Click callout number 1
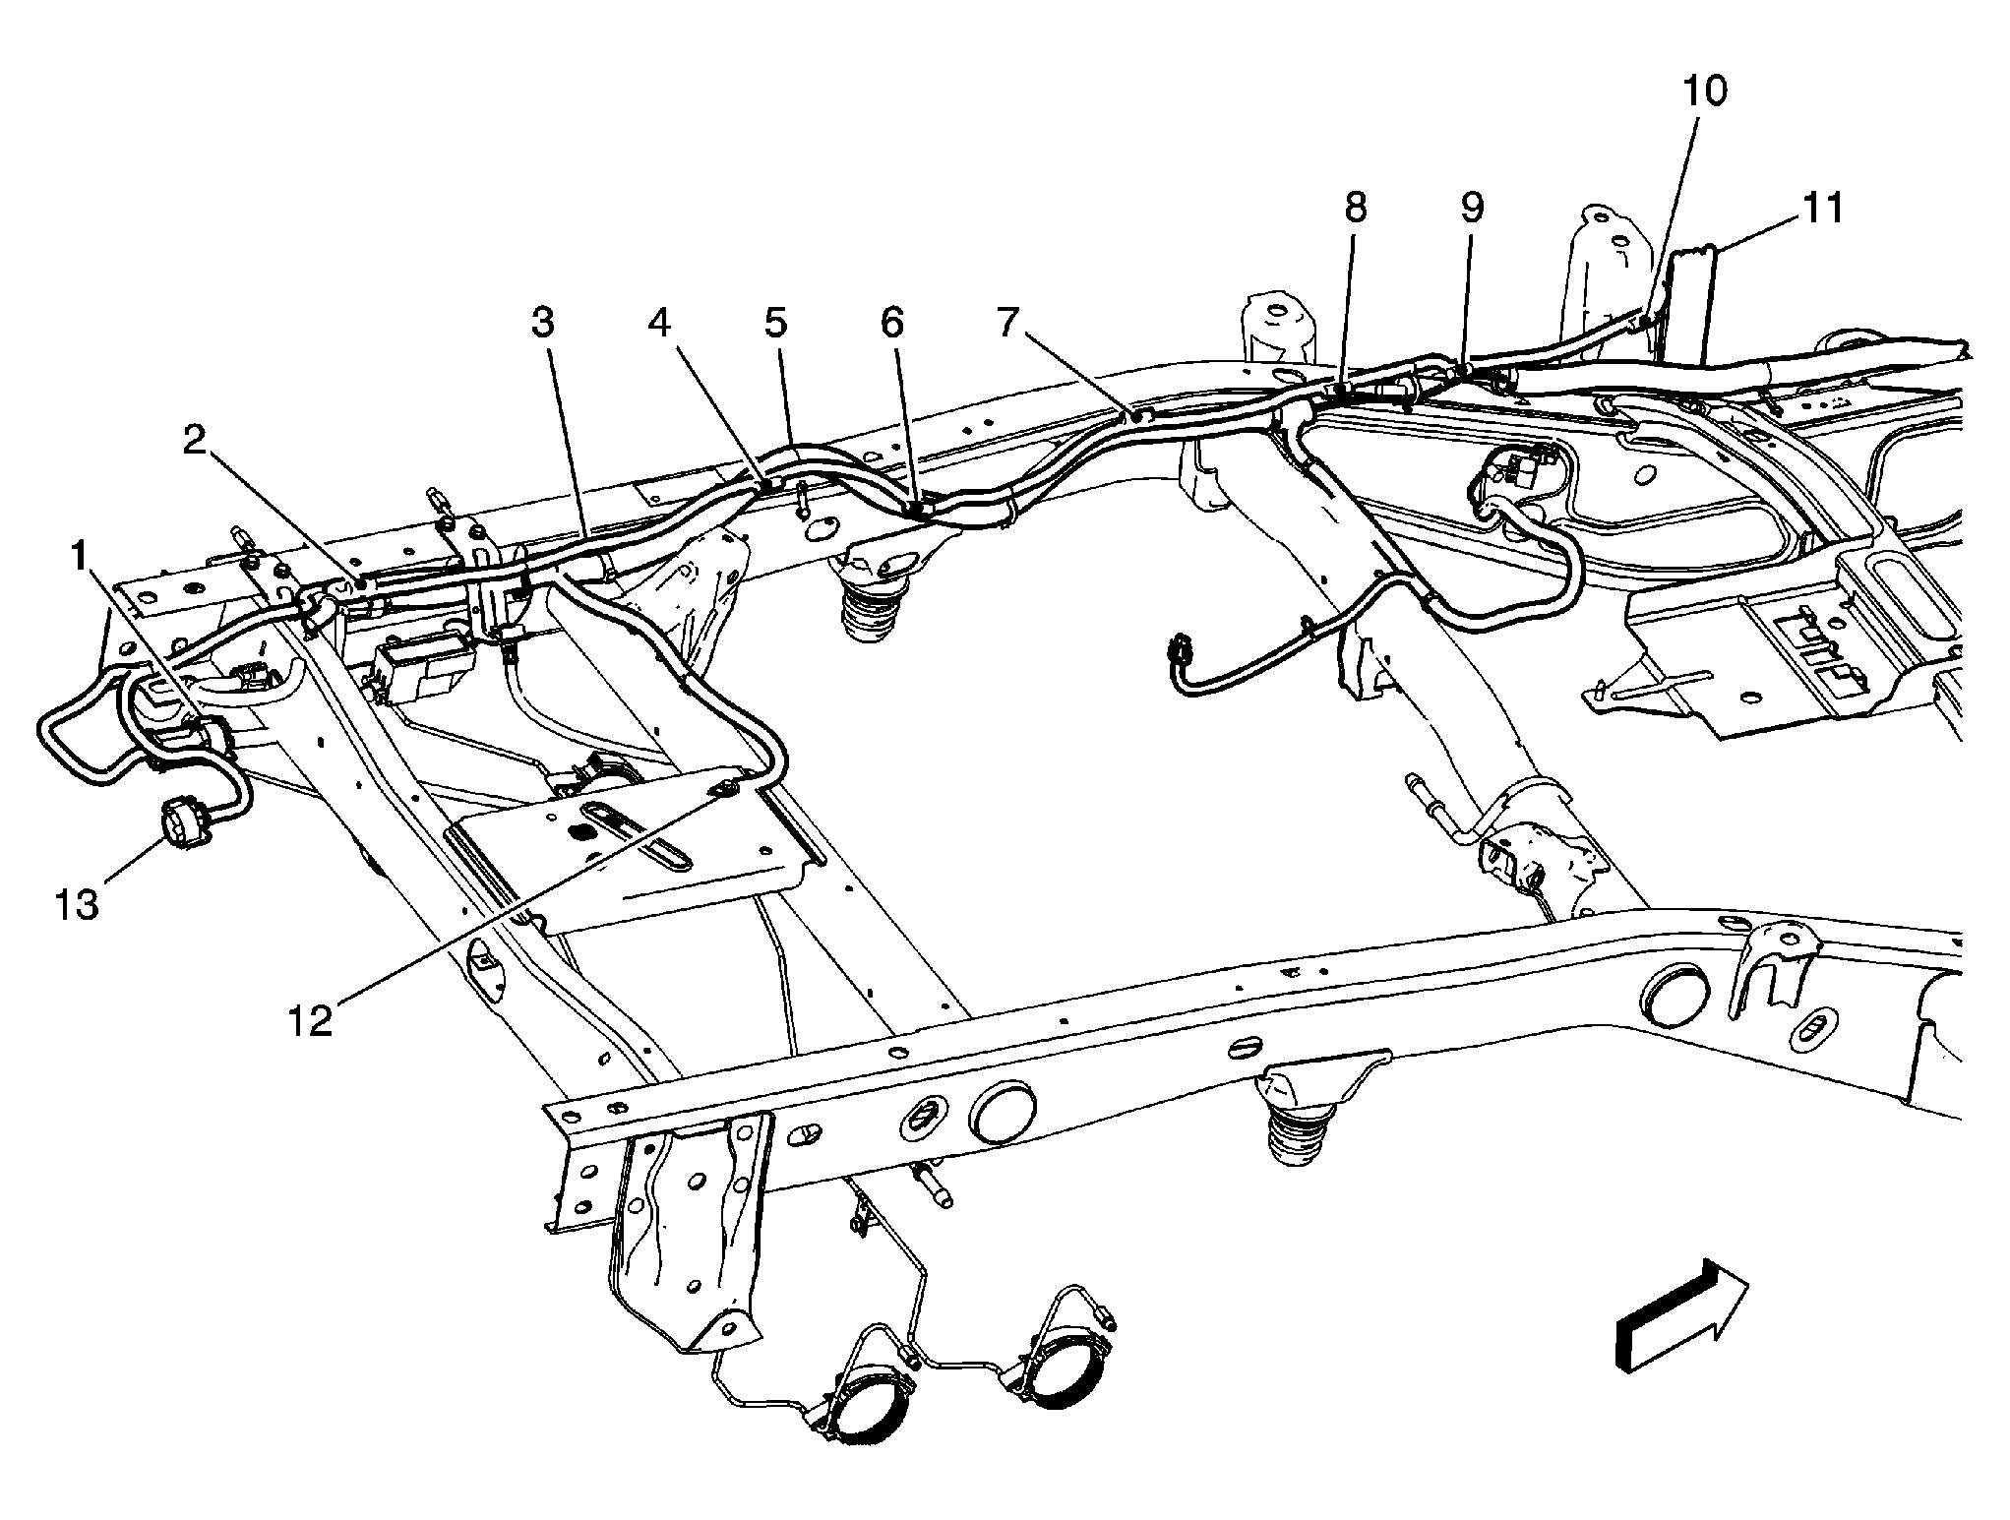78,558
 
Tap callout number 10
1704,91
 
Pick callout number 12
310,1020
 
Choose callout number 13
77,904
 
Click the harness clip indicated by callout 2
363,584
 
